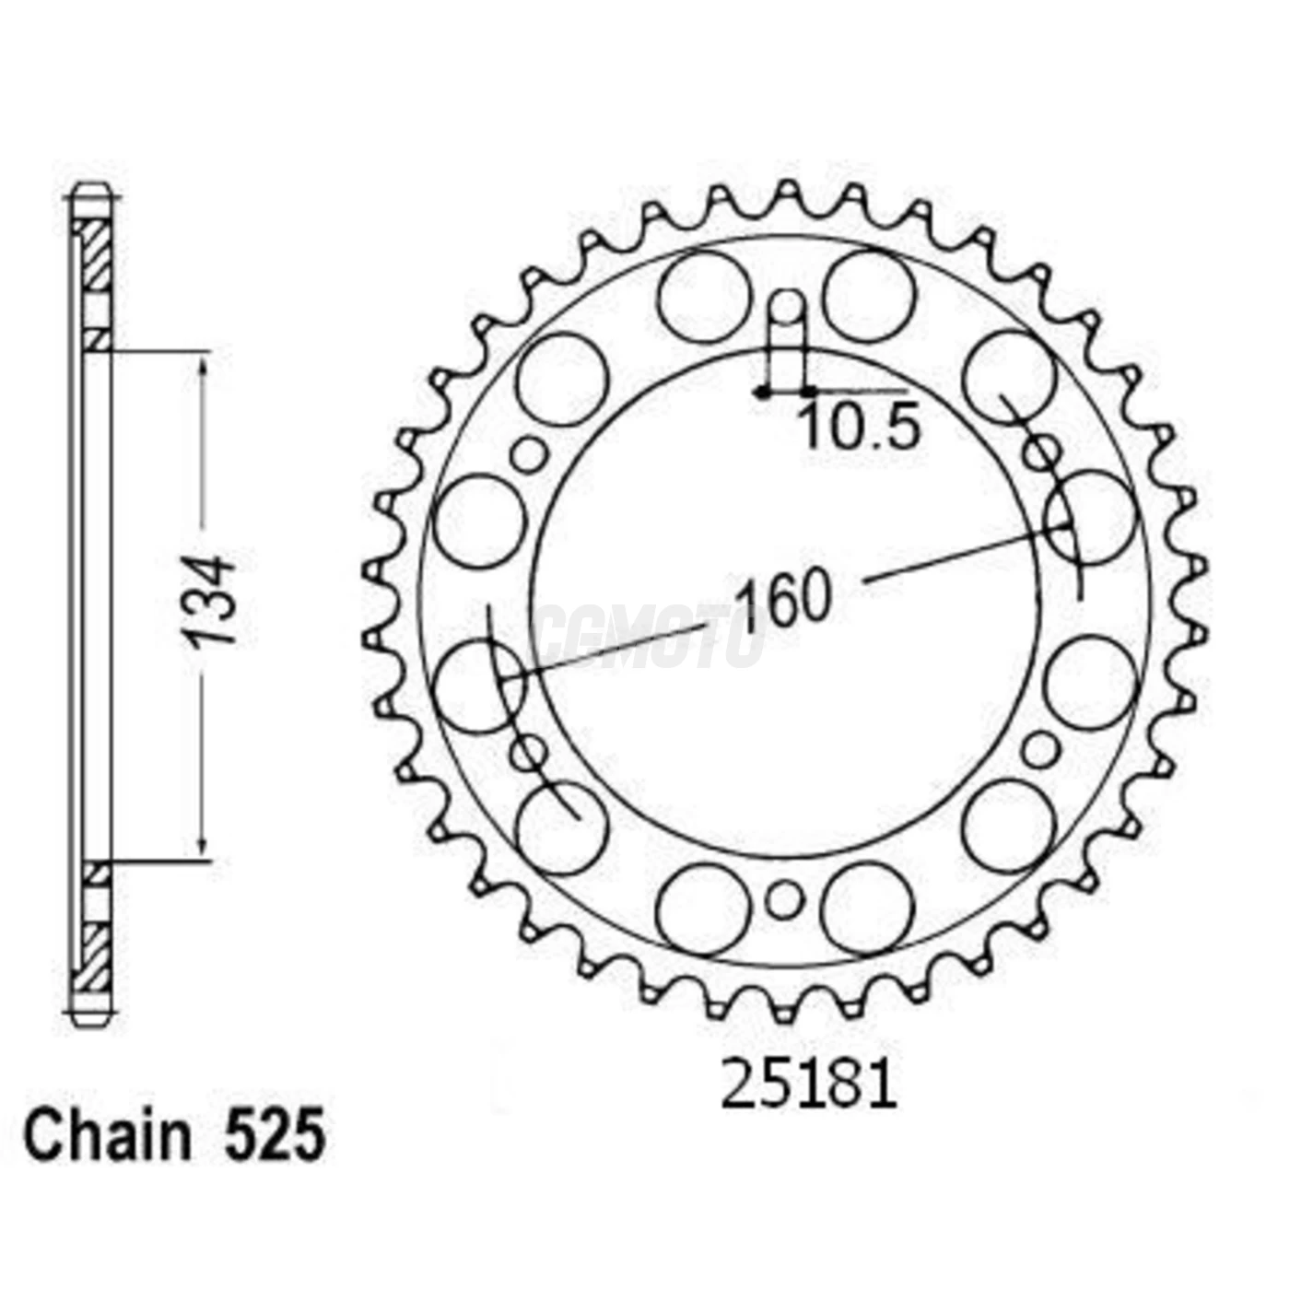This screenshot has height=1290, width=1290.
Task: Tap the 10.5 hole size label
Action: pyautogui.click(x=859, y=428)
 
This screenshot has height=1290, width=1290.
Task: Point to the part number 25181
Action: pyautogui.click(x=808, y=1085)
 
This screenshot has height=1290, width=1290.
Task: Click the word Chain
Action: pyautogui.click(x=108, y=1135)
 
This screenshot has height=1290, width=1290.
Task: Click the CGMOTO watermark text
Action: pyautogui.click(x=650, y=636)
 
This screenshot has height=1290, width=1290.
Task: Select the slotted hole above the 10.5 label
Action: pyautogui.click(x=785, y=313)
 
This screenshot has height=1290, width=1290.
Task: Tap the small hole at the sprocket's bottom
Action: pyautogui.click(x=783, y=900)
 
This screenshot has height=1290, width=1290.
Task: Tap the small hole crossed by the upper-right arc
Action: pyautogui.click(x=1042, y=452)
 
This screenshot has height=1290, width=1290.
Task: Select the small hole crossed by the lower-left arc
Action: pyautogui.click(x=528, y=753)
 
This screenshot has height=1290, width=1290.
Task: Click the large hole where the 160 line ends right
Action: pyautogui.click(x=1089, y=518)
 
